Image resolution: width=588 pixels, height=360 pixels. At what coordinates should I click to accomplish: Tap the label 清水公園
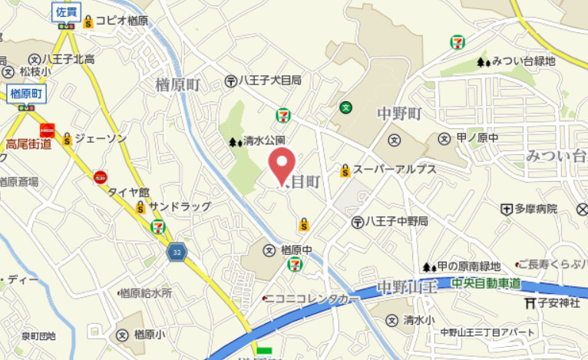264,140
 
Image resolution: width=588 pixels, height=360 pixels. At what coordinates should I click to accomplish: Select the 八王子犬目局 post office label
269,80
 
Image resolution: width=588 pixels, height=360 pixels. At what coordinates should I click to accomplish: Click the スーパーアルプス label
394,169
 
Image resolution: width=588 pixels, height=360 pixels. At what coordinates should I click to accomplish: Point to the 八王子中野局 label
396,221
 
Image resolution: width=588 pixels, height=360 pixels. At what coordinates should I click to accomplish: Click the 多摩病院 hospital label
535,209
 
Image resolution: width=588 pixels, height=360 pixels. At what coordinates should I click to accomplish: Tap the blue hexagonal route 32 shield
177,252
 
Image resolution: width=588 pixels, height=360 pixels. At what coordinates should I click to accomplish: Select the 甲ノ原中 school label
477,138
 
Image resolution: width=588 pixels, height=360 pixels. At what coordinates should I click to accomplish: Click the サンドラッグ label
174,207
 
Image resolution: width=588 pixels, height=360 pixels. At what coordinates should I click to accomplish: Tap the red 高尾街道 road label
28,144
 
